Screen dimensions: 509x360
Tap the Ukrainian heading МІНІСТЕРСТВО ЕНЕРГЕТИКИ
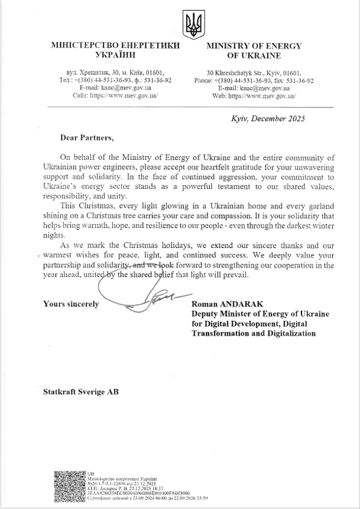pyautogui.click(x=108, y=46)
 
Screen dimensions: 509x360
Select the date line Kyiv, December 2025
pyautogui.click(x=268, y=119)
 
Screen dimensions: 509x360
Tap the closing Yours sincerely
pyautogui.click(x=71, y=305)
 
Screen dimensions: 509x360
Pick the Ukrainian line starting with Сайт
pyautogui.click(x=115, y=96)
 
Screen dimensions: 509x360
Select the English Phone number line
pyautogui.click(x=254, y=80)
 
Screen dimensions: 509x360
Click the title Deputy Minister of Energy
pyautogui.click(x=252, y=314)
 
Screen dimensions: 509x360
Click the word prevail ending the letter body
pyautogui.click(x=234, y=275)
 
